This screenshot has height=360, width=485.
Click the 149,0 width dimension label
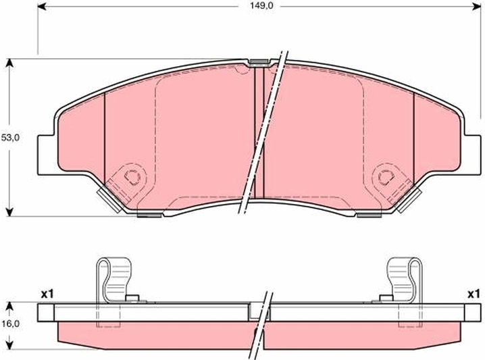pyautogui.click(x=261, y=6)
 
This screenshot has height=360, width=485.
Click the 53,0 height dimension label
pyautogui.click(x=10, y=138)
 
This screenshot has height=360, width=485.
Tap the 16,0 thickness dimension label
pyautogui.click(x=10, y=324)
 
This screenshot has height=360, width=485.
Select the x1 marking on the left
pyautogui.click(x=47, y=294)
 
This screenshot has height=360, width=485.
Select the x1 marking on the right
pyautogui.click(x=474, y=294)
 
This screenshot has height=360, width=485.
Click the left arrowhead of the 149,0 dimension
pyautogui.click(x=42, y=6)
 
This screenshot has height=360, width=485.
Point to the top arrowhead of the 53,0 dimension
pyautogui.click(x=10, y=63)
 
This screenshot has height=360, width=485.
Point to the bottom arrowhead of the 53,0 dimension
pyautogui.click(x=10, y=212)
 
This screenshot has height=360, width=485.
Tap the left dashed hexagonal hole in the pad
pyautogui.click(x=132, y=176)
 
